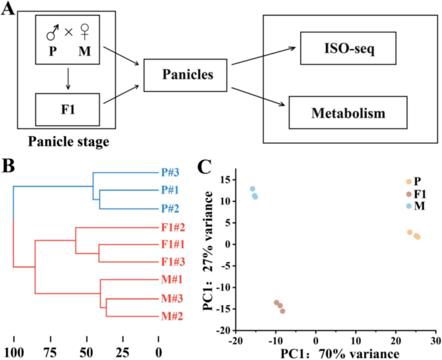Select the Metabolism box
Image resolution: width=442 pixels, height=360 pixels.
pos(347,113)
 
